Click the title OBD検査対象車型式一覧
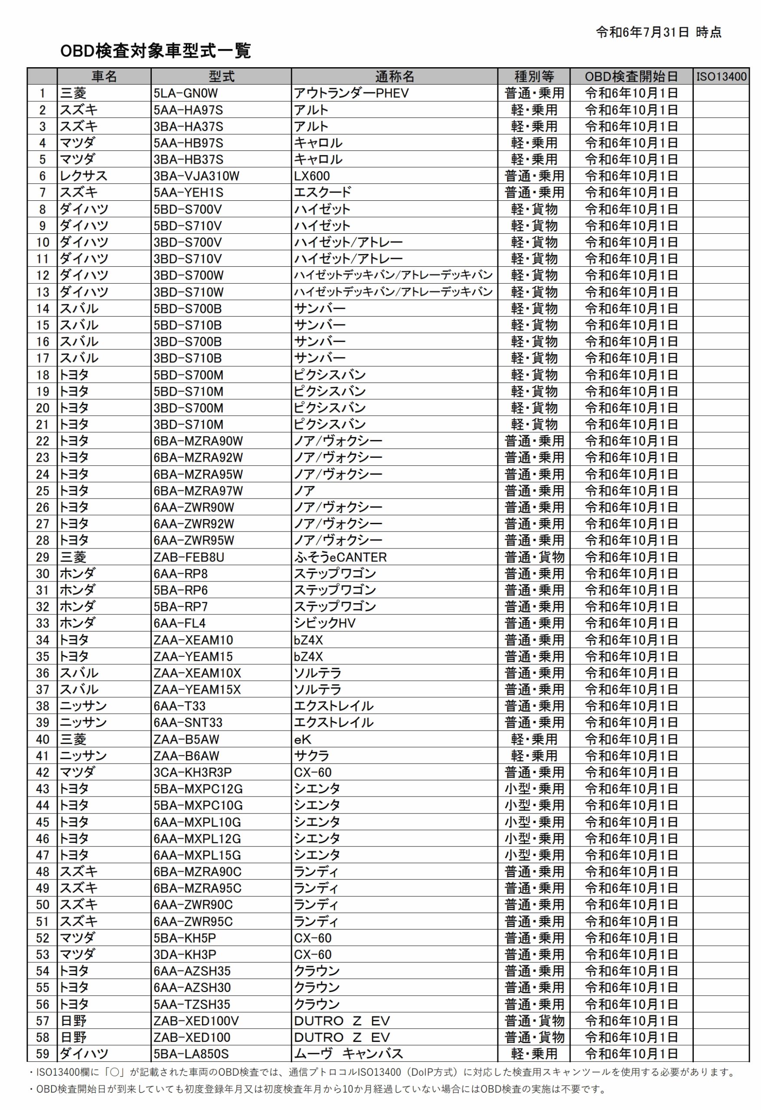pos(155,51)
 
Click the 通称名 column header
pos(394,76)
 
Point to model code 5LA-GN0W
pos(185,93)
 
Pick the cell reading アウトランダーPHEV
pos(351,93)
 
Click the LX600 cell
pos(312,176)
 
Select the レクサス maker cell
pos(83,176)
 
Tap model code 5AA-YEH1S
pos(188,193)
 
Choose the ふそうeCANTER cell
pos(340,557)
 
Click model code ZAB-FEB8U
pos(189,557)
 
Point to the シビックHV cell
pos(324,624)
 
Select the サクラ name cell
pos(311,756)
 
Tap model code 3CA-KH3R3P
pos(193,772)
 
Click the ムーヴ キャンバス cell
pos(348,1054)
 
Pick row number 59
pos(42,1054)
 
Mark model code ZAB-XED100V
pos(196,1021)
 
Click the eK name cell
pos(302,739)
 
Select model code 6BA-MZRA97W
pos(198,490)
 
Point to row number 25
pos(42,490)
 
